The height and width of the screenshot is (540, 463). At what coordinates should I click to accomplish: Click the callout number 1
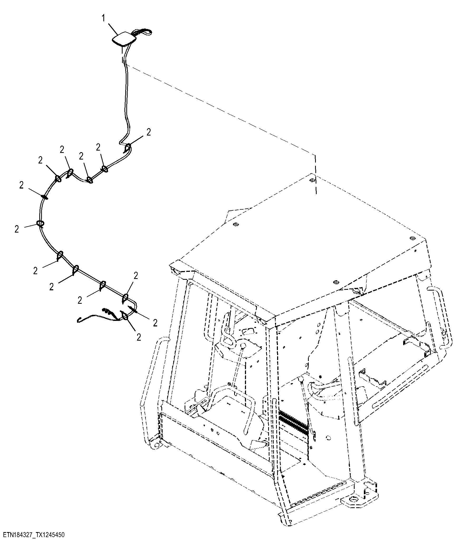coord(103,18)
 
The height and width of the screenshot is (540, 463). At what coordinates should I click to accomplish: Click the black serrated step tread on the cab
coord(293,425)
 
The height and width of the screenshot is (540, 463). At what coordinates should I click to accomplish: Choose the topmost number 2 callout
coord(149,132)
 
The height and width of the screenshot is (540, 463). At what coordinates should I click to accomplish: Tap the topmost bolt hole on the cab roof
coord(312,180)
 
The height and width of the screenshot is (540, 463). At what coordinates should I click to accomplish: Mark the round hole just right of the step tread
coord(328,438)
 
